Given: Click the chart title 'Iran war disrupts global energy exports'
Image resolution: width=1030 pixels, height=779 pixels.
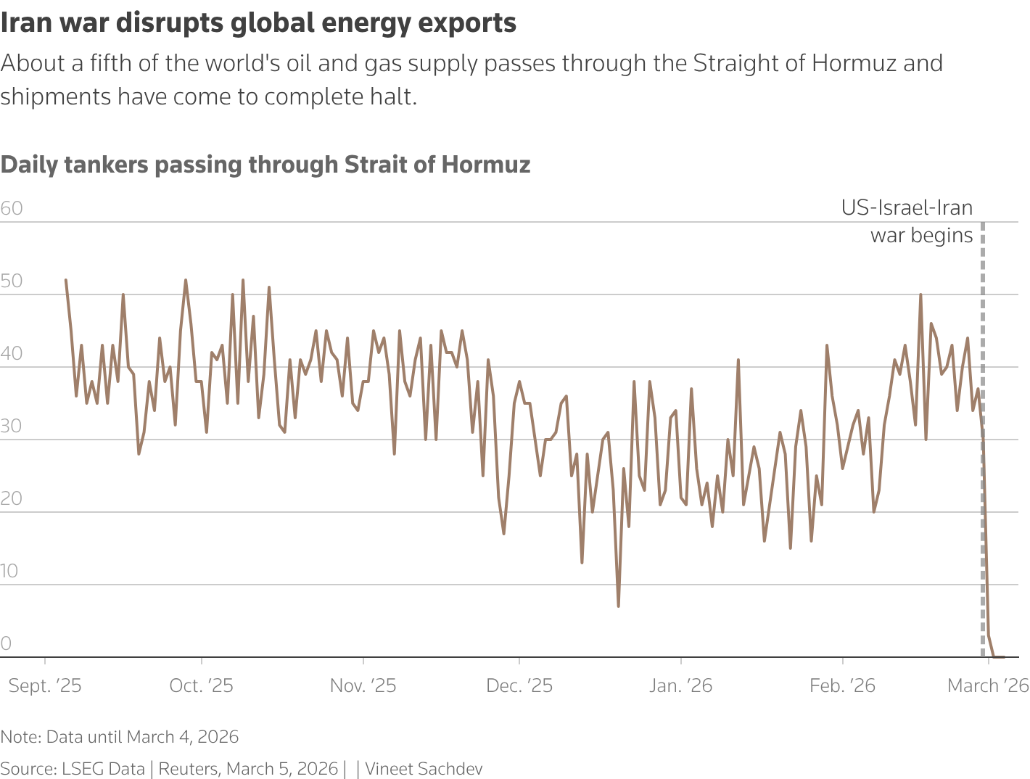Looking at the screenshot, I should (258, 23).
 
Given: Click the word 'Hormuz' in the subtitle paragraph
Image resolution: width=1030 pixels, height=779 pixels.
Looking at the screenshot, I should (854, 64).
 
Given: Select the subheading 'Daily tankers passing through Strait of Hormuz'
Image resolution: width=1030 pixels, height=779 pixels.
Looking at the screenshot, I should (265, 165).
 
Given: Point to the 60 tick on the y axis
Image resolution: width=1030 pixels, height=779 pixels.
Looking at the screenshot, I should (12, 209).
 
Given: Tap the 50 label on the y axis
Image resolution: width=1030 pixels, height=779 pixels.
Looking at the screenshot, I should (12, 281).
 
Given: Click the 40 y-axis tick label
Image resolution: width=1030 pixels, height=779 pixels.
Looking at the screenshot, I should (12, 354).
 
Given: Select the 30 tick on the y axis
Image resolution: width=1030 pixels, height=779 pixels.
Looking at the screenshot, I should (12, 426).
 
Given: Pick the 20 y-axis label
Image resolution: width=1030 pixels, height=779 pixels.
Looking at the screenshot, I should (12, 499).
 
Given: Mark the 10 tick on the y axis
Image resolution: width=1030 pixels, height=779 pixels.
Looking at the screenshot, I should (10, 572).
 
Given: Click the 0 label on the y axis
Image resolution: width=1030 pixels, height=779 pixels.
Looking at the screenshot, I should (7, 643).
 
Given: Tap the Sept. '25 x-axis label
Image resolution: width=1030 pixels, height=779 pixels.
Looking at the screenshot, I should (45, 686).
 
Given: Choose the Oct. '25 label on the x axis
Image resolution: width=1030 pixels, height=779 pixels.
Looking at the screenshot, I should (202, 686).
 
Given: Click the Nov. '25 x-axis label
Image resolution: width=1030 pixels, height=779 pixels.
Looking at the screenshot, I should (363, 686).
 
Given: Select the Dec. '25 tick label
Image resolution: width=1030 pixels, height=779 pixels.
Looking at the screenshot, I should (519, 686).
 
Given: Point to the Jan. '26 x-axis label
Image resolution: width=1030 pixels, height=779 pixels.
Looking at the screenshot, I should (680, 686).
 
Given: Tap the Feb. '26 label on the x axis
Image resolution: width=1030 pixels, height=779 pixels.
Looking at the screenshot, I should (842, 686).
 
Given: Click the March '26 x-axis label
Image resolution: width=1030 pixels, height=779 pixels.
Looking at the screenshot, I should (988, 686).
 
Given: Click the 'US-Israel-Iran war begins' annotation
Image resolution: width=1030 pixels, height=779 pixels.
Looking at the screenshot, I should (908, 222).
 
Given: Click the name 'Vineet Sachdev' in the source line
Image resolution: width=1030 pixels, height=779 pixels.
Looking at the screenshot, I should (424, 769).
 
